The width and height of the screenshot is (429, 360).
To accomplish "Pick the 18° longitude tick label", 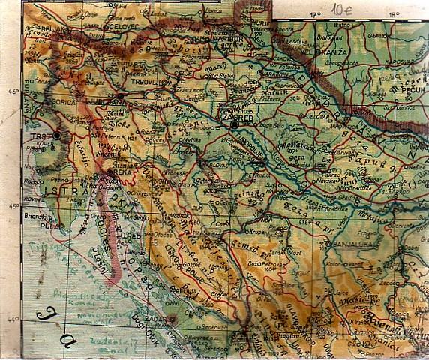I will (x=393, y=13).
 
